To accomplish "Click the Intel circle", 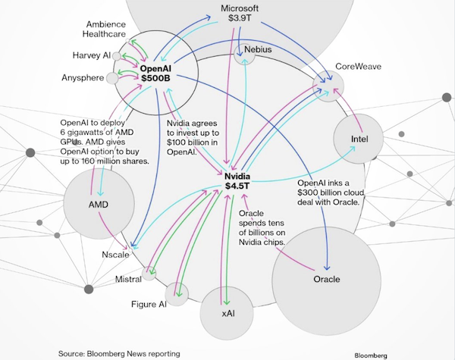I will click(359, 139).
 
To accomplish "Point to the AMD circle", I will click(97, 205).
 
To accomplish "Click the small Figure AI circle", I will click(177, 293).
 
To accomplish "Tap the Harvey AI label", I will click(92, 55).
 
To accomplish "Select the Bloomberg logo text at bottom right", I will click(375, 354).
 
